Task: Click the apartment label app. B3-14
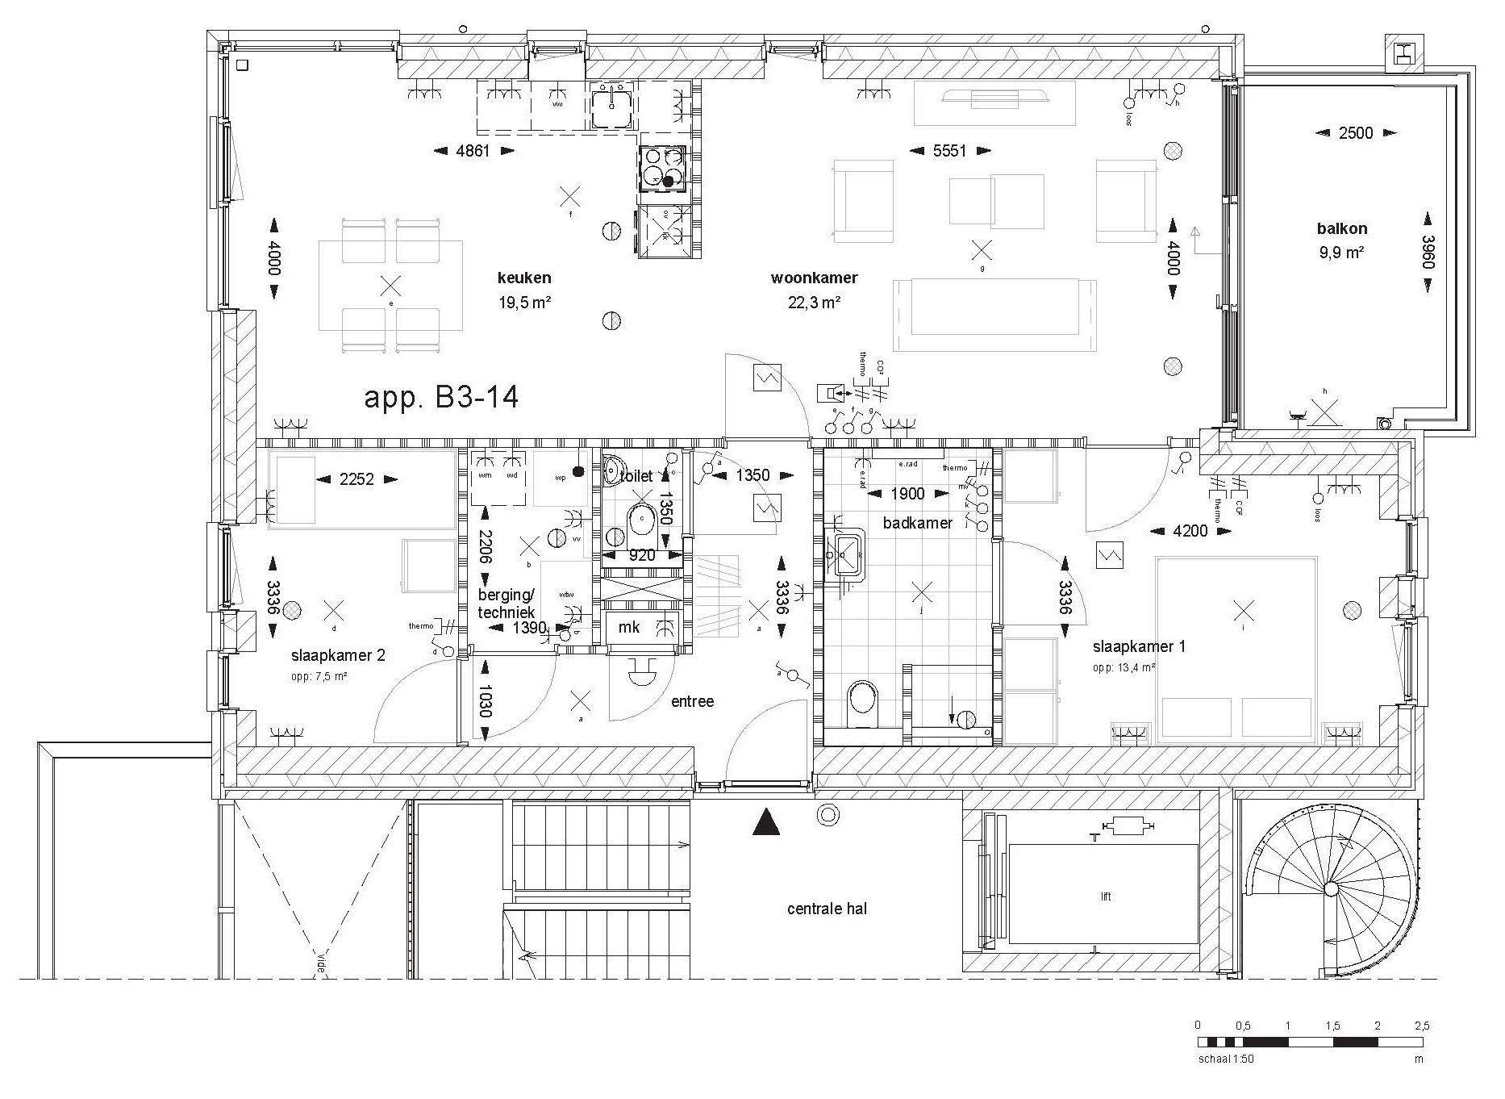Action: [441, 398]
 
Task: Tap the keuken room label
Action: [524, 278]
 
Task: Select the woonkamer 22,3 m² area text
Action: [815, 303]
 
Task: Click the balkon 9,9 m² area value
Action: [1341, 253]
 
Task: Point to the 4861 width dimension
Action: [473, 151]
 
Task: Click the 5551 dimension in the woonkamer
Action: [949, 151]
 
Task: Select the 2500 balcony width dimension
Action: [1355, 133]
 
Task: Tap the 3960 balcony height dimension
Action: [1428, 252]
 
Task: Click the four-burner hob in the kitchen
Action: [663, 168]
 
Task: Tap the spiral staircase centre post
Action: [1331, 889]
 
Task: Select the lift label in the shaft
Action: [1106, 896]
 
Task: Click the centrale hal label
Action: [827, 909]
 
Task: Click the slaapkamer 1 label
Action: [1139, 646]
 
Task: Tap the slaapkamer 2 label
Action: [338, 655]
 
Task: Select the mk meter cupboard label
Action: [628, 627]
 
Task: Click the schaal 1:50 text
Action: [1226, 1059]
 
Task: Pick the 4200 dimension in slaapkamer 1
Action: [1190, 531]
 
